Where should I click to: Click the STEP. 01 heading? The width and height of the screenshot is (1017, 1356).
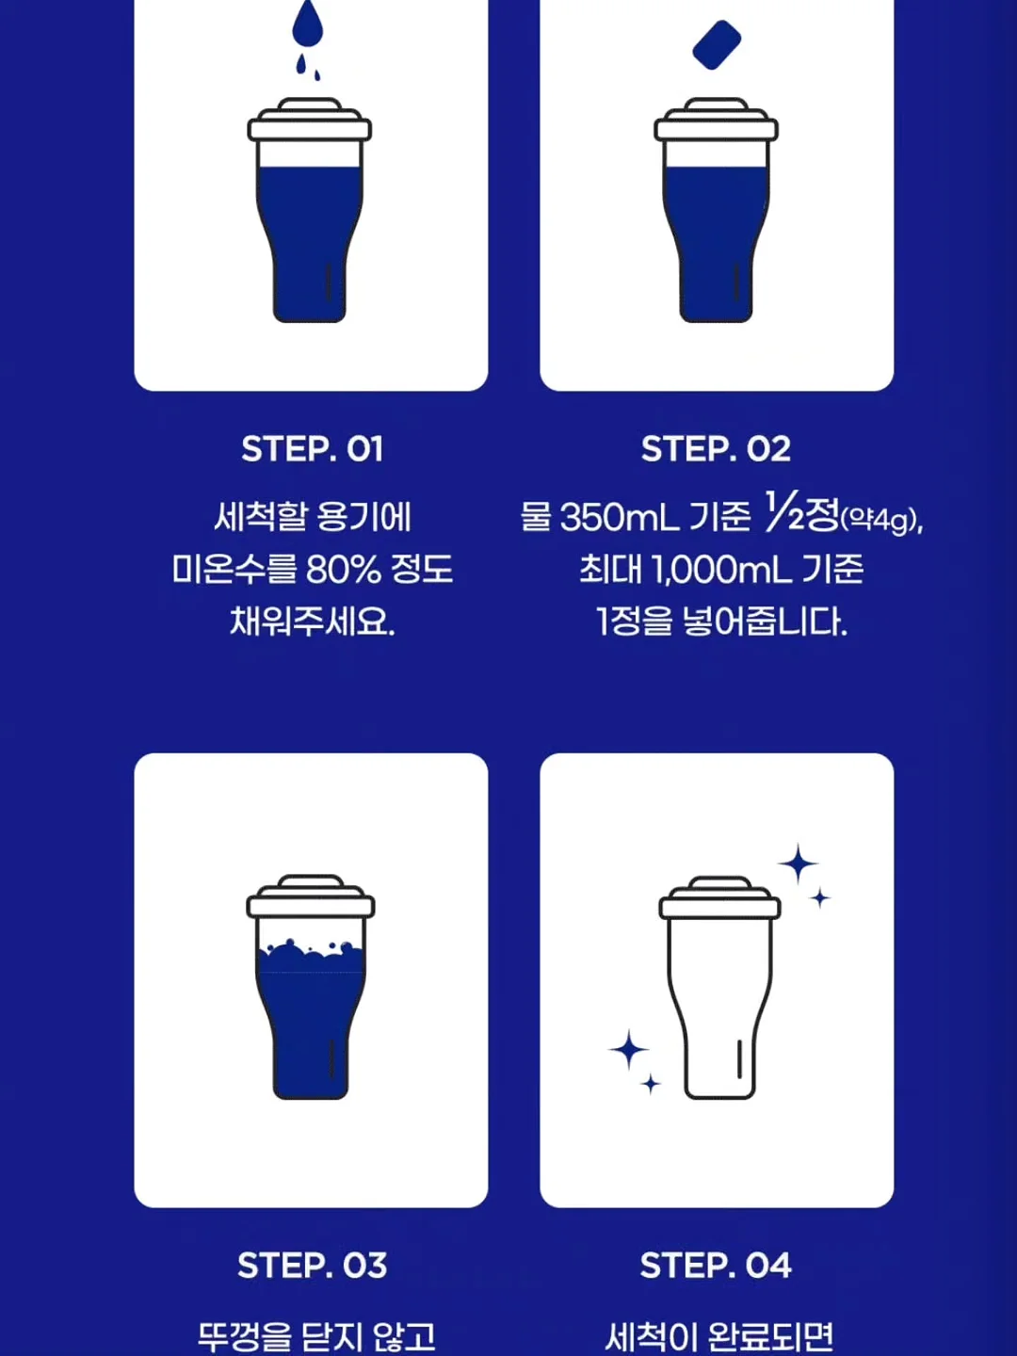coord(312,449)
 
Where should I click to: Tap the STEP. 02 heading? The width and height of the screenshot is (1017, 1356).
coord(716,449)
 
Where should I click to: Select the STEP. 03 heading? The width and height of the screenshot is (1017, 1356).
coord(312,1266)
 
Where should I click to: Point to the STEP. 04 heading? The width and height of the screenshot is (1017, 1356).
coord(716,1266)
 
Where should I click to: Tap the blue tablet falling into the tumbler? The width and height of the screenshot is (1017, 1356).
coord(717,45)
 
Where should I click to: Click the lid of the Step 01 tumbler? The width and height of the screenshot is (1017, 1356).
coord(310,120)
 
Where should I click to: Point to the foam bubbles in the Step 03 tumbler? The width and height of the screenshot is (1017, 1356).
coord(311,957)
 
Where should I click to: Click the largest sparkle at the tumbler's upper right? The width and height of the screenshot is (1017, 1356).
coord(798,864)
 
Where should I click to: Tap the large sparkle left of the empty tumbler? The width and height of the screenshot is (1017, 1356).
coord(629,1049)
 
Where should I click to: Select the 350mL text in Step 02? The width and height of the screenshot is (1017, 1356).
coord(620,518)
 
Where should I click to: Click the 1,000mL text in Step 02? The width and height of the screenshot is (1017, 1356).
coord(721,570)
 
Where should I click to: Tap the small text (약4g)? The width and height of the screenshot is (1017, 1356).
coord(881,521)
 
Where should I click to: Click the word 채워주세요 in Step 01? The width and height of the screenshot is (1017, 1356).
coord(312,621)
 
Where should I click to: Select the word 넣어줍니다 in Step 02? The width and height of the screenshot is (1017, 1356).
coord(765,621)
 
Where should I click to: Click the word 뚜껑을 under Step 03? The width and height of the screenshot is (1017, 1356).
coord(245,1335)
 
